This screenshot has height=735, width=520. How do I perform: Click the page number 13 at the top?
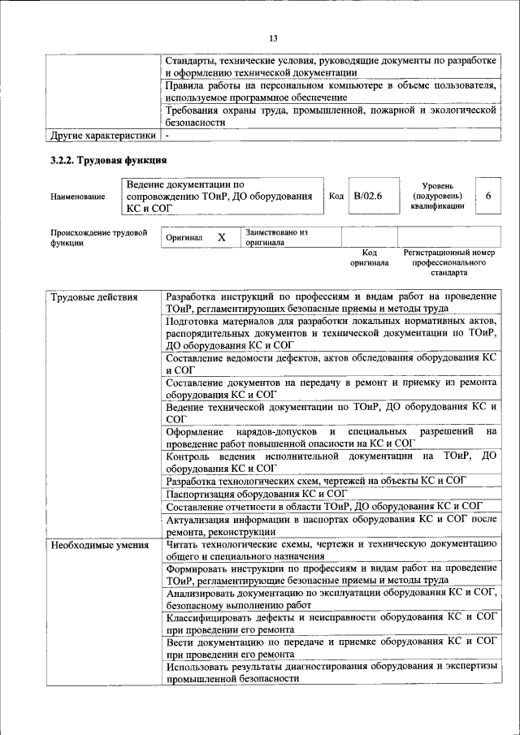point(273,38)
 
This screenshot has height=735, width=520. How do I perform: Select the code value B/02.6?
point(368,196)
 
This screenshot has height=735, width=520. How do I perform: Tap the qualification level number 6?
point(487,196)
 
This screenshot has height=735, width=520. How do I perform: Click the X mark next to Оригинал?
point(220,237)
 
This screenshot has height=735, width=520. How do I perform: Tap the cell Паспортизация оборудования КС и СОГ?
point(257,492)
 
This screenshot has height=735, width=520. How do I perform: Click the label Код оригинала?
point(370,257)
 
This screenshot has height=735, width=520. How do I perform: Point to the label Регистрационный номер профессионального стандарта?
point(448,263)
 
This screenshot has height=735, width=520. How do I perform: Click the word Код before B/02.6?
point(336,196)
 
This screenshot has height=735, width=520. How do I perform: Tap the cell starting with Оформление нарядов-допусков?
point(331,437)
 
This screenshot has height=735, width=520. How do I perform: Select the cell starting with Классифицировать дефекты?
point(331,623)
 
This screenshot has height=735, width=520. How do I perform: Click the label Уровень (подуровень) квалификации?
point(437,196)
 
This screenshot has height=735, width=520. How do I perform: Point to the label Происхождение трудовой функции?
point(98,237)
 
